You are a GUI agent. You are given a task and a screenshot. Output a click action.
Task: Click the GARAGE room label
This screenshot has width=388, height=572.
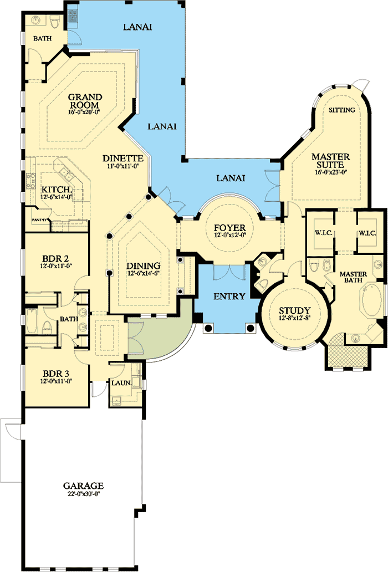pyautogui.click(x=83, y=486)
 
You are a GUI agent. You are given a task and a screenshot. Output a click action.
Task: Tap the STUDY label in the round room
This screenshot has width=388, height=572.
pyautogui.click(x=295, y=310)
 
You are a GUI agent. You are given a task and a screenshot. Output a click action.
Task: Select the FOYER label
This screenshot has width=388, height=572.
pyautogui.click(x=229, y=227)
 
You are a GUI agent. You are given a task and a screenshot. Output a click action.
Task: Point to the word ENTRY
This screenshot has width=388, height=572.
pyautogui.click(x=229, y=297)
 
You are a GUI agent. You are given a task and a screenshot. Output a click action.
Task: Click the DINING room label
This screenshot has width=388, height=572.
pyautogui.click(x=144, y=265)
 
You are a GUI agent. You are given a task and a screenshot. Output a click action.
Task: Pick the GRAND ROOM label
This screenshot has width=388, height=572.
pyautogui.click(x=84, y=101)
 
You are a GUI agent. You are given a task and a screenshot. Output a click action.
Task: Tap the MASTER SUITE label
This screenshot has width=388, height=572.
pyautogui.click(x=330, y=161)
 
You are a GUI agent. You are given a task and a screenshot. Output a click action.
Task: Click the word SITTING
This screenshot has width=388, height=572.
pyautogui.click(x=341, y=110)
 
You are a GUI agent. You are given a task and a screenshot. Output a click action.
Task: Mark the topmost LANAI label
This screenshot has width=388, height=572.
pyautogui.click(x=137, y=26)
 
